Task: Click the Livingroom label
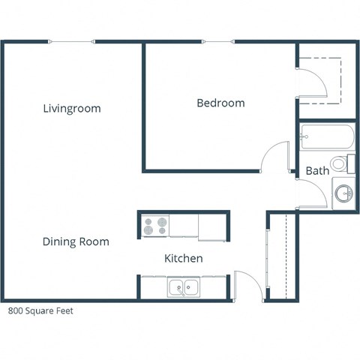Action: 72,109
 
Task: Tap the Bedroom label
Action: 220,103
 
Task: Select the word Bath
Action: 317,171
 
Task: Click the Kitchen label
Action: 184,259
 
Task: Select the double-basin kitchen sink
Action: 184,286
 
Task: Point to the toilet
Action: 340,163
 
